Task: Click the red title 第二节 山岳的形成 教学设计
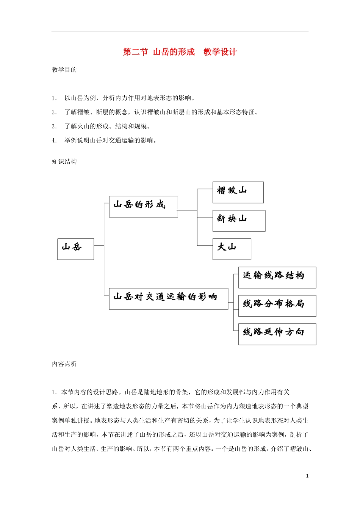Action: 180,52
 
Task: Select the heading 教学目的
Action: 64,70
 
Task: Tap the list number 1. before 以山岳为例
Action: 54,98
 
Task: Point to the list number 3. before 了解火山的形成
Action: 54,126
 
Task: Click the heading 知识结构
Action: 64,162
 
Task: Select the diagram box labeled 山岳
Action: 75,249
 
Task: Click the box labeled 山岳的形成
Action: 143,206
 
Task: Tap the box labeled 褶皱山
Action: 238,192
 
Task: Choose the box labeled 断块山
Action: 238,221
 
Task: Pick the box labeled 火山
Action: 232,249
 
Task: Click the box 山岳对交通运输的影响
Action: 168,299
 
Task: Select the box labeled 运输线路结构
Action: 277,277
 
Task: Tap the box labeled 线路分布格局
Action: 277,306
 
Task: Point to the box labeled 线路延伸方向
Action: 277,334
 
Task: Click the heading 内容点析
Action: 64,364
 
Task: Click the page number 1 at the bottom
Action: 307,476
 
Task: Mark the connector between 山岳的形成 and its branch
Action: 187,210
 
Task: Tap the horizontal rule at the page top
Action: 180,32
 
